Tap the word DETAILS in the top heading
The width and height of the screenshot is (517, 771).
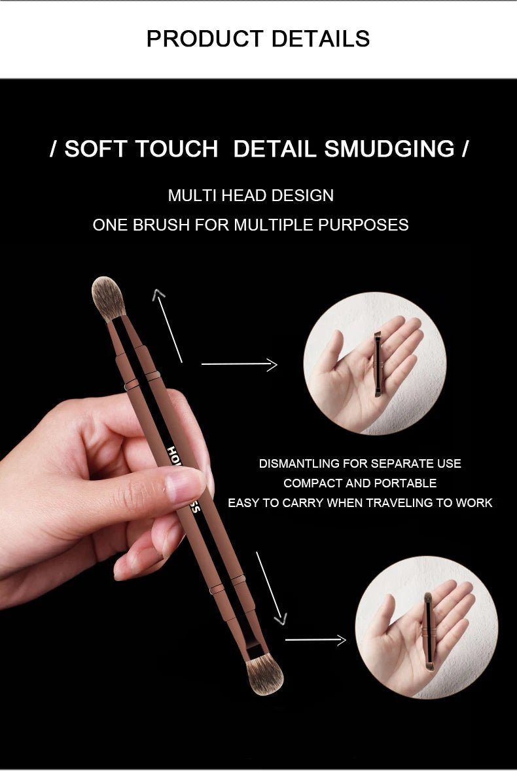pyautogui.click(x=321, y=39)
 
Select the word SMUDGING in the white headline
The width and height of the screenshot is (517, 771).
pyautogui.click(x=389, y=149)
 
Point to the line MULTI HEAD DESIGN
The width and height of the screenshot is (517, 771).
pyautogui.click(x=251, y=195)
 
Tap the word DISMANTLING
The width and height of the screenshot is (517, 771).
pyautogui.click(x=298, y=464)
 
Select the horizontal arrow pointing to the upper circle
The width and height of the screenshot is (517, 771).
pyautogui.click(x=239, y=364)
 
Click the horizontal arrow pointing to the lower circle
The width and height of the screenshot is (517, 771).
pyautogui.click(x=315, y=639)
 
